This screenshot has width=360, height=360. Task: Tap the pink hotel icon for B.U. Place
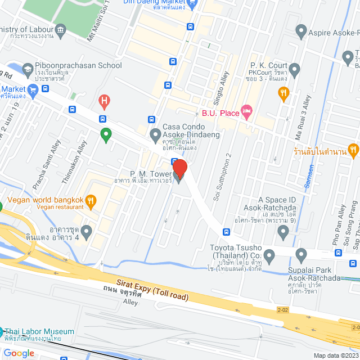click(246, 112)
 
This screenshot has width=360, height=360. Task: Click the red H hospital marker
click(103, 102)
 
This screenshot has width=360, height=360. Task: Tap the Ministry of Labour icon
click(60, 29)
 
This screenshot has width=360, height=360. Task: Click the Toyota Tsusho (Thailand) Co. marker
click(269, 256)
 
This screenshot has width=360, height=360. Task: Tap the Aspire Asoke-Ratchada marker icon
click(300, 33)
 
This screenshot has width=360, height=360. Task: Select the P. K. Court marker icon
click(294, 70)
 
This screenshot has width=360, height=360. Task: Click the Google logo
click(19, 353)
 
